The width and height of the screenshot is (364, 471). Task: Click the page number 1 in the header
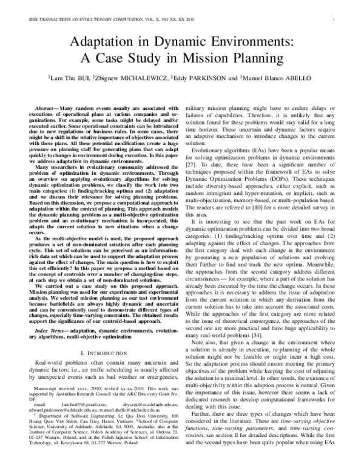(x=335, y=20)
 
